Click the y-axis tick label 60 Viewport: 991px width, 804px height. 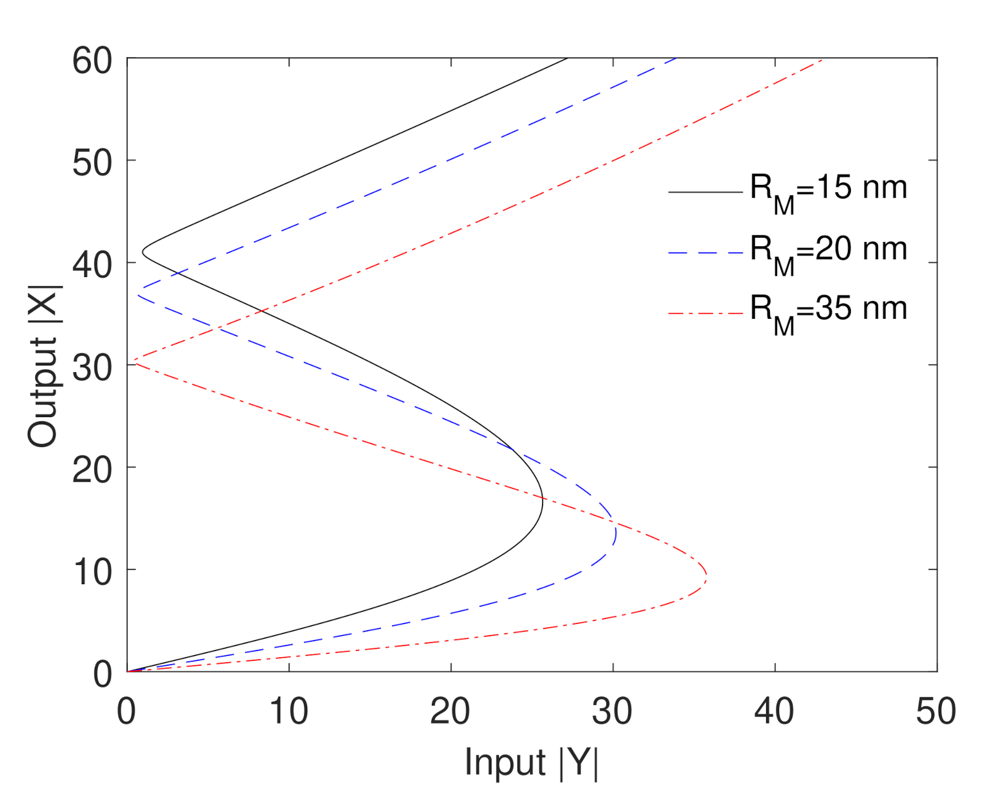(92, 61)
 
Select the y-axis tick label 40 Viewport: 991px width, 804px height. (92, 265)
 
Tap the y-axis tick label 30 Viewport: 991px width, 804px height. (92, 368)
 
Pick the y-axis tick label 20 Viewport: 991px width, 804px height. (92, 470)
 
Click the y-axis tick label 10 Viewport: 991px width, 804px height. (92, 572)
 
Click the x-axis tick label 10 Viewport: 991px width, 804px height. (289, 711)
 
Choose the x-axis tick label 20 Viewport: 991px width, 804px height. (450, 711)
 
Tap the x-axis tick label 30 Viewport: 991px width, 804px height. (613, 711)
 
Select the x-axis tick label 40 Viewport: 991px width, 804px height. (774, 711)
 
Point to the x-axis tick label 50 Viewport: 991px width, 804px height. (936, 711)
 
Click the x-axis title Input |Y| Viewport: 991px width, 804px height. (531, 763)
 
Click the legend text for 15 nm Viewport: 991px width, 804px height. (828, 191)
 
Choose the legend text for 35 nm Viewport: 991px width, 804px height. (828, 312)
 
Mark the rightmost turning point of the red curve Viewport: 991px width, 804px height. (707, 576)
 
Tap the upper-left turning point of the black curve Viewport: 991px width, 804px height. (143, 252)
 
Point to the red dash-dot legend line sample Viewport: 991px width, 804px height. (705, 314)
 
